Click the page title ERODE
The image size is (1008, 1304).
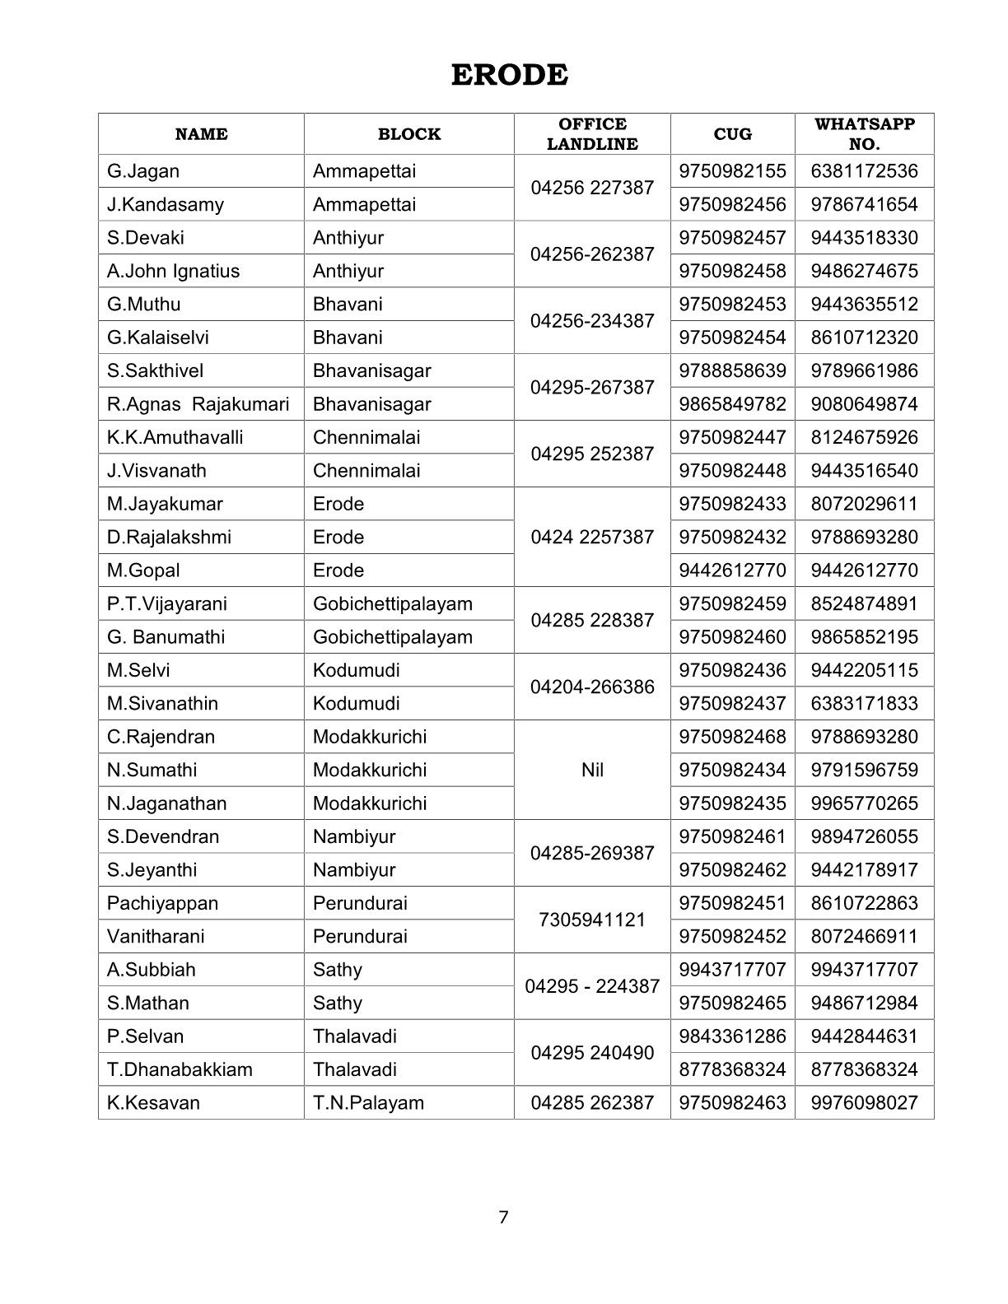tap(509, 75)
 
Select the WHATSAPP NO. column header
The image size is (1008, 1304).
tap(864, 133)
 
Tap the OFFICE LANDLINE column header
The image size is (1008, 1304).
tap(592, 133)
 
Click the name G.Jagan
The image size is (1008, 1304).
tap(143, 171)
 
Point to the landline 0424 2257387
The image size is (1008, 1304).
tap(592, 537)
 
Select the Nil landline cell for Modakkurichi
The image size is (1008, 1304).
tap(592, 770)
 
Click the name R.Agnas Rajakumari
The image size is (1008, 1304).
tap(198, 404)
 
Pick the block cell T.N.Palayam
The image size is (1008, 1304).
tap(368, 1102)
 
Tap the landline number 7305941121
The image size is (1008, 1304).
tap(592, 920)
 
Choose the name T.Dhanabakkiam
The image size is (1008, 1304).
tap(180, 1069)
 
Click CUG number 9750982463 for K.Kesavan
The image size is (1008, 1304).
tap(732, 1102)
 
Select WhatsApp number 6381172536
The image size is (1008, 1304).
tap(864, 171)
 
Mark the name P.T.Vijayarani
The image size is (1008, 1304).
tap(166, 603)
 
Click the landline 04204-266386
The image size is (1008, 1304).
tap(592, 687)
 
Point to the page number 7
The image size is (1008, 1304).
tap(504, 1217)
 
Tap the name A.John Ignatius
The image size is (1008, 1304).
tap(173, 271)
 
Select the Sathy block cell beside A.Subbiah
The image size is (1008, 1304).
tap(338, 970)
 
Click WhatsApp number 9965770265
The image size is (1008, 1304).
tap(864, 803)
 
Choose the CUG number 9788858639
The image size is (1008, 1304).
tap(732, 370)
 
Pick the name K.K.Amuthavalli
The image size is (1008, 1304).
tap(175, 437)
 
